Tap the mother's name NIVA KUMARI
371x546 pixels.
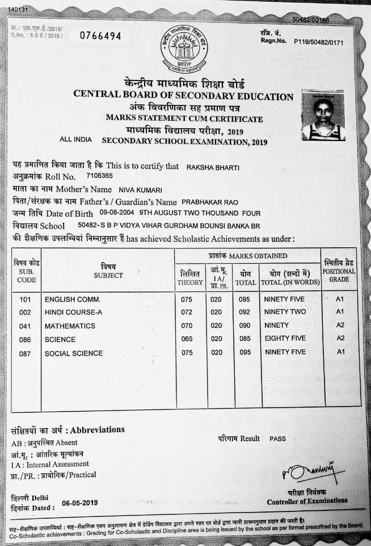click(x=140, y=189)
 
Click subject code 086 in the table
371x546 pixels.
click(x=24, y=340)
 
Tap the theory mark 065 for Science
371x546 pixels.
click(x=187, y=338)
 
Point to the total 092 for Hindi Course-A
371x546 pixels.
click(x=244, y=312)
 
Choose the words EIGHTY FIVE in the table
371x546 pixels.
click(x=285, y=338)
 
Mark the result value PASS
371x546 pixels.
click(x=278, y=438)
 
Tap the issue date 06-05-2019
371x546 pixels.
click(x=81, y=502)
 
